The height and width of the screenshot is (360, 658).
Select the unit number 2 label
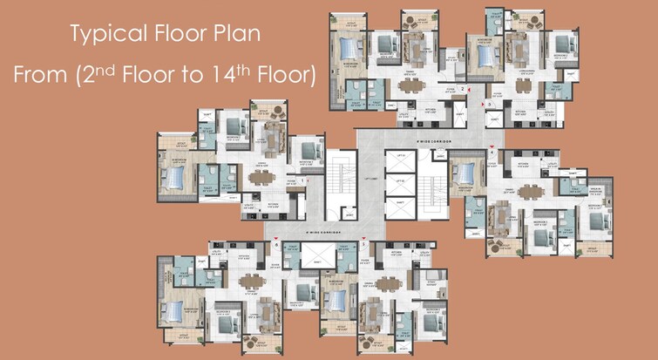coord(463,89)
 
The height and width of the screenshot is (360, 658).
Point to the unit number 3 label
coord(490,105)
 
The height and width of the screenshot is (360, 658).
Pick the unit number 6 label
coord(277,245)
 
